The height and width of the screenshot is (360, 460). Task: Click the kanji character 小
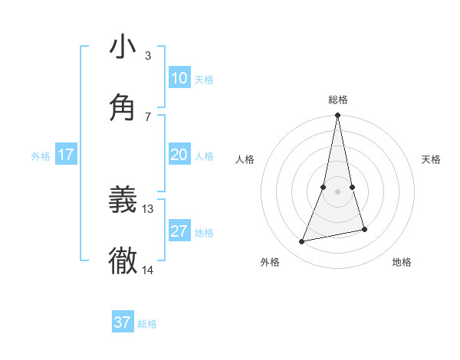coord(123,47)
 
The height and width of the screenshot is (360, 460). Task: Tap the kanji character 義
coord(123,201)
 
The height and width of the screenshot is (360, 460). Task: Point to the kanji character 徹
coord(123,261)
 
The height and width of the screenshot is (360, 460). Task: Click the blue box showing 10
coord(179,78)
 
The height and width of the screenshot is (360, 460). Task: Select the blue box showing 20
coord(179,155)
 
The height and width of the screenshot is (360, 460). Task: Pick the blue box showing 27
coord(179,231)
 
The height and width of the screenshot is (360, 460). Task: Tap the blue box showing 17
coord(66,155)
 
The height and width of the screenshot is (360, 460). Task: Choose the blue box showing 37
coord(123,322)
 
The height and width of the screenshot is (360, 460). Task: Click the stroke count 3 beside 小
coord(148,55)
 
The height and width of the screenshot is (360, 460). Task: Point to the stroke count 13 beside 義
coord(148,208)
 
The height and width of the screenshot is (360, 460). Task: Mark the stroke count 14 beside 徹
coord(148,270)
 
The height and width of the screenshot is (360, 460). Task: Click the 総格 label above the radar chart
coord(337,100)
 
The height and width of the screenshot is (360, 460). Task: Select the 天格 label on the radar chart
coord(432,159)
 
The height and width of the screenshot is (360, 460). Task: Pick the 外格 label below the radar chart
coord(270,262)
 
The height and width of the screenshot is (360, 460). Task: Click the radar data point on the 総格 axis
coord(337,116)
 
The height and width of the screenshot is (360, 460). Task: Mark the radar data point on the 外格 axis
coord(302,241)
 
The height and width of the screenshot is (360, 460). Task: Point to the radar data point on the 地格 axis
coord(364,229)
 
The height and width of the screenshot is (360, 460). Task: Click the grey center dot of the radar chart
coord(337,191)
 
